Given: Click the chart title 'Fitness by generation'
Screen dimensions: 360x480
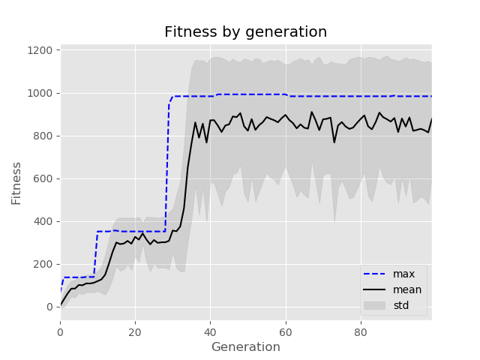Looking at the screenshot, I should [245, 32].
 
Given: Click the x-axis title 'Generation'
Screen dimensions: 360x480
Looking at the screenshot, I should [245, 347].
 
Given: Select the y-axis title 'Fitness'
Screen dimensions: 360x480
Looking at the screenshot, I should [16, 182].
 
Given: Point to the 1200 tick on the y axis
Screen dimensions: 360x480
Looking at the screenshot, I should [39, 50].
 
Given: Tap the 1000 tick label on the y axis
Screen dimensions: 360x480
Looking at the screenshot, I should [39, 93].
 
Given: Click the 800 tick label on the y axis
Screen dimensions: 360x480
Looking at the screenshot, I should [43, 136].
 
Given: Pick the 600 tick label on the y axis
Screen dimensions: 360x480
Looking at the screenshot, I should [43, 178].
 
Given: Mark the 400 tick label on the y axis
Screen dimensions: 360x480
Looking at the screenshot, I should [43, 221].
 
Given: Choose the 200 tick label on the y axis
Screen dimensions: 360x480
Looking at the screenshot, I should [43, 264].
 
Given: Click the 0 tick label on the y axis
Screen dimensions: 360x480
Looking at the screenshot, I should [50, 307].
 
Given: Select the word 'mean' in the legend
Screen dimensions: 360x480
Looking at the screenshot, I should [407, 289].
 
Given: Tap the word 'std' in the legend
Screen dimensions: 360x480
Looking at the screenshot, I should [401, 305].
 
